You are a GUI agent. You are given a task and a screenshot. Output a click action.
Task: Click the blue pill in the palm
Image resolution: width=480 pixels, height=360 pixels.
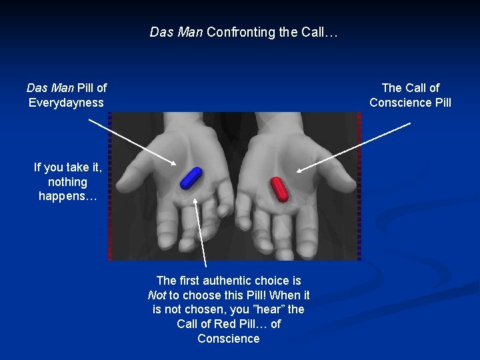click(191, 177)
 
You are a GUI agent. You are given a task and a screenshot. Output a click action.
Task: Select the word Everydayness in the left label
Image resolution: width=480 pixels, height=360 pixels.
click(66, 103)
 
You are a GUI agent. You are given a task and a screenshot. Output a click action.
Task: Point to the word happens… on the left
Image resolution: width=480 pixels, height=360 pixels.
click(67, 196)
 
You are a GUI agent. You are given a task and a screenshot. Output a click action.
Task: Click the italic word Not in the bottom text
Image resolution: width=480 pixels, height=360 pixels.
click(157, 295)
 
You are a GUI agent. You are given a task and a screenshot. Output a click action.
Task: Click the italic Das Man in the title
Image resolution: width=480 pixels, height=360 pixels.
click(176, 31)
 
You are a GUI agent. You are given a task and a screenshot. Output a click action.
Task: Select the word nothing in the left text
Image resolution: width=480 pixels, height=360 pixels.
click(67, 182)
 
